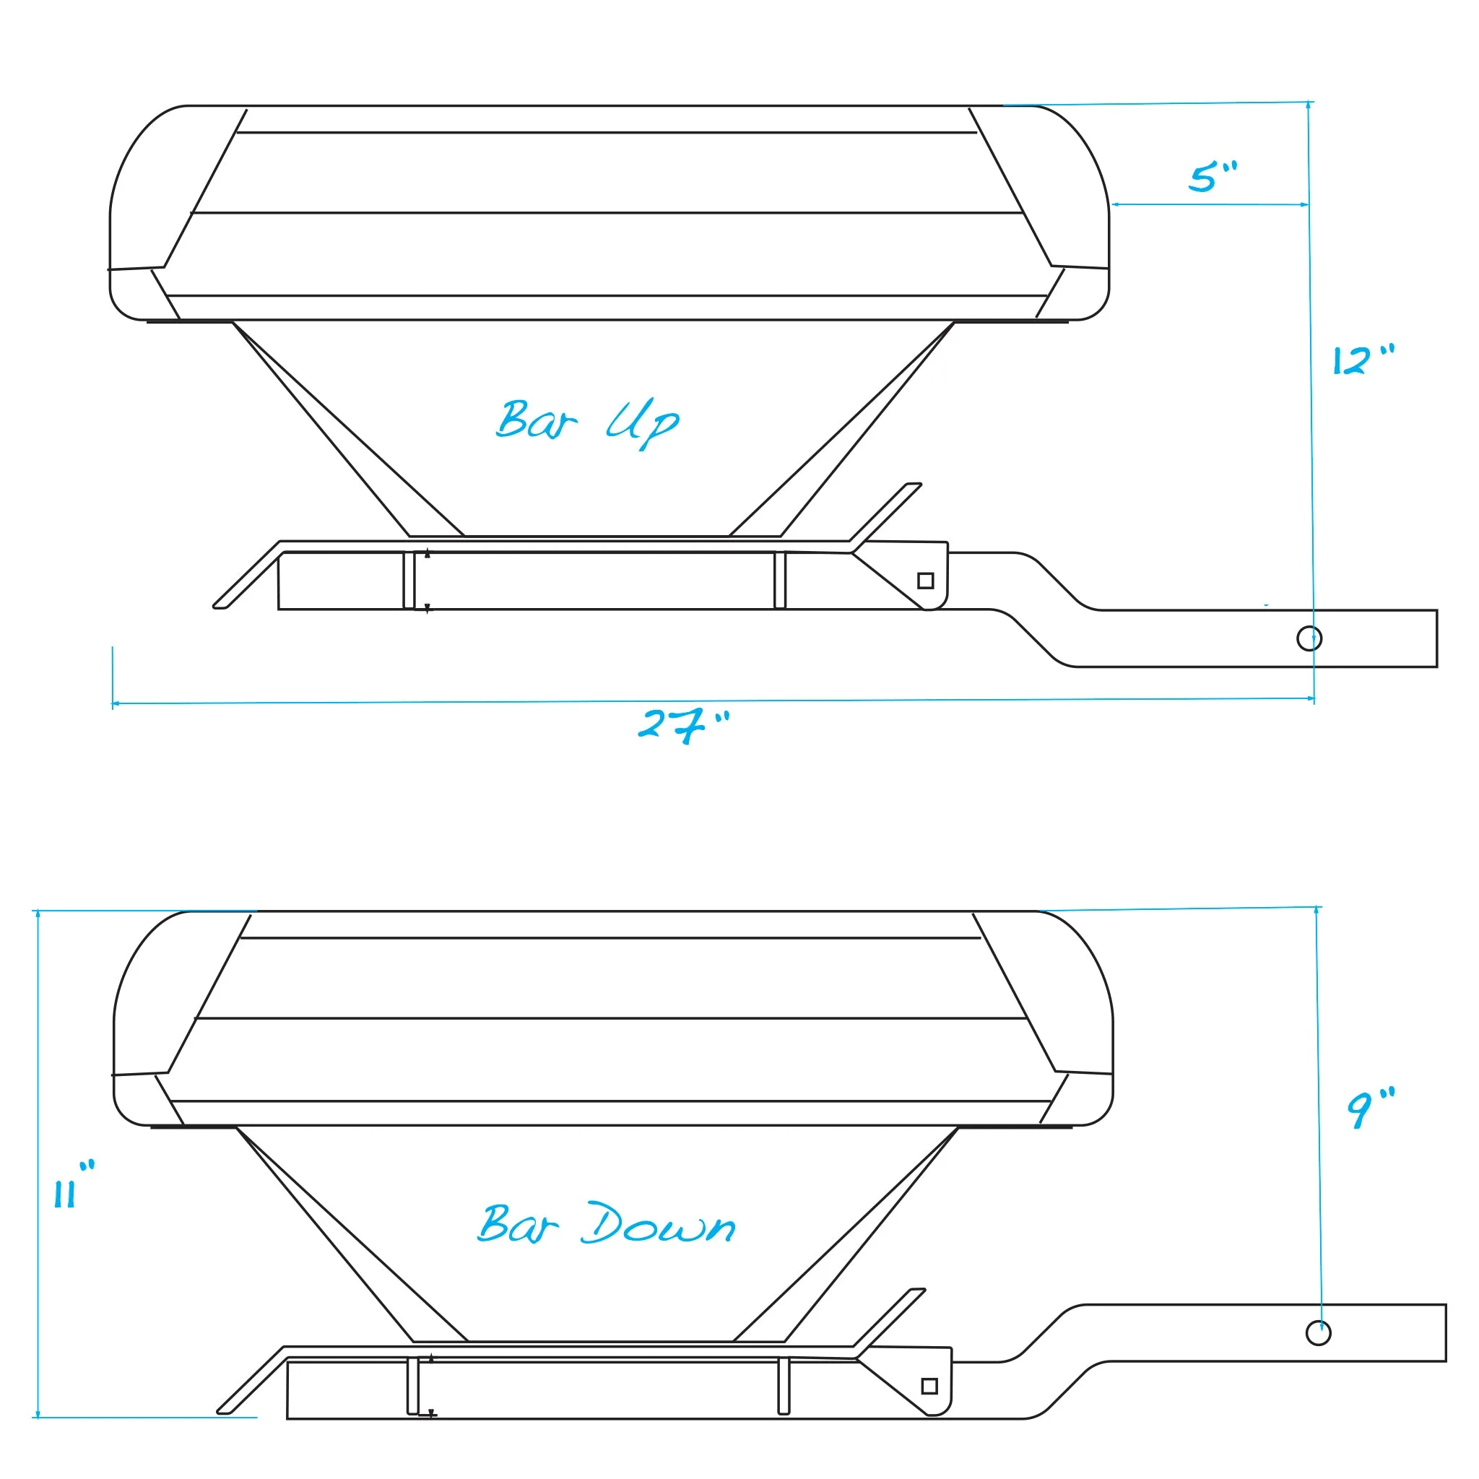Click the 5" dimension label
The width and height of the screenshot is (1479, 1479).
1212,177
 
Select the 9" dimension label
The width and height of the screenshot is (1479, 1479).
1370,1107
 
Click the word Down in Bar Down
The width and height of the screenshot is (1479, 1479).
658,1225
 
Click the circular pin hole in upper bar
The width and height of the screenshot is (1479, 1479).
1309,638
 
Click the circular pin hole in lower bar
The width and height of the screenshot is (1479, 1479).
1317,1333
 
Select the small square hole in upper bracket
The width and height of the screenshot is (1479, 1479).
926,581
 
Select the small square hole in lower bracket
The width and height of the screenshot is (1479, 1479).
929,1386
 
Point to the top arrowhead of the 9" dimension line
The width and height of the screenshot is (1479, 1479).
1317,910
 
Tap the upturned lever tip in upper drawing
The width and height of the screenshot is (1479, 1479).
914,485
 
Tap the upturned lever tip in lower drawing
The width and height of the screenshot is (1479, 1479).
917,1290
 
